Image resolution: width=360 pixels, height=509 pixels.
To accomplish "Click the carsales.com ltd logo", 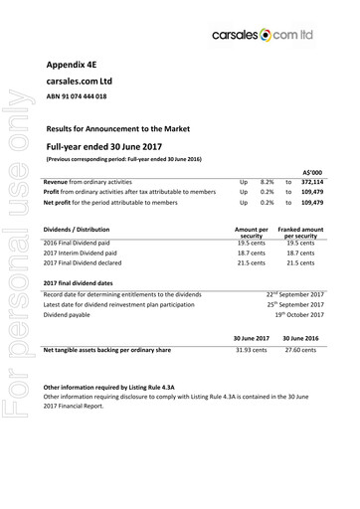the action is pyautogui.click(x=281, y=34).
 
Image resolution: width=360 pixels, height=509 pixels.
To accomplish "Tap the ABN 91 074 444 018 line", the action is pyautogui.click(x=77, y=96).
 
